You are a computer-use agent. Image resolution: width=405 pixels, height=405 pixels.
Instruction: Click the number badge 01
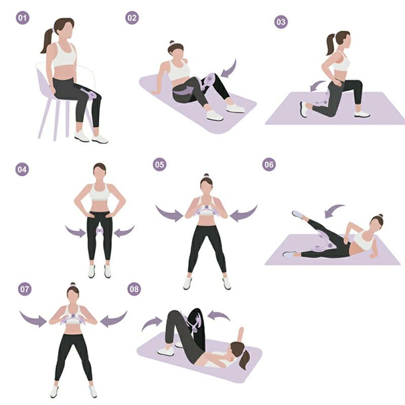pyautogui.click(x=22, y=18)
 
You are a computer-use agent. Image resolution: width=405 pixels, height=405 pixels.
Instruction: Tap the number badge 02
pyautogui.click(x=132, y=18)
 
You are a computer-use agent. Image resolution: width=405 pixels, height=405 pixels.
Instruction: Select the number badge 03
pyautogui.click(x=281, y=22)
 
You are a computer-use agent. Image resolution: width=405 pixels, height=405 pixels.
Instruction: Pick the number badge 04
pyautogui.click(x=22, y=170)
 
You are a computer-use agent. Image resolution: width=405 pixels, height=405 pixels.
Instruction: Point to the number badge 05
pyautogui.click(x=159, y=165)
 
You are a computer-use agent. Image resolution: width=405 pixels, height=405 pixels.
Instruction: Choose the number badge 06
pyautogui.click(x=269, y=165)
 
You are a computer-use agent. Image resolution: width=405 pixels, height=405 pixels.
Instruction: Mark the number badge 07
pyautogui.click(x=25, y=289)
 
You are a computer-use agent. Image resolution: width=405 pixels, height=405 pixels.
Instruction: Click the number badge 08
pyautogui.click(x=134, y=289)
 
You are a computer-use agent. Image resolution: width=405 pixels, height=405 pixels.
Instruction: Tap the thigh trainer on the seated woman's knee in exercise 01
pyautogui.click(x=89, y=93)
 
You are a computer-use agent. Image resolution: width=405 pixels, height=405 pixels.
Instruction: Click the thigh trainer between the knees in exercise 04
pyautogui.click(x=99, y=231)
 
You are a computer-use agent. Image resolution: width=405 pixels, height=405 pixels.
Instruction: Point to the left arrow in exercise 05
pyautogui.click(x=169, y=214)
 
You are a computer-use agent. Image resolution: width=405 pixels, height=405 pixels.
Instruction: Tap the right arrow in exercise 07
pyautogui.click(x=113, y=319)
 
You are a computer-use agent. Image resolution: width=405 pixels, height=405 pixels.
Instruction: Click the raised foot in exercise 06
pyautogui.click(x=298, y=214)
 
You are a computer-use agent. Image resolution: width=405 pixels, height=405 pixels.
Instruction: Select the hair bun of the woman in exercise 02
pyautogui.click(x=172, y=43)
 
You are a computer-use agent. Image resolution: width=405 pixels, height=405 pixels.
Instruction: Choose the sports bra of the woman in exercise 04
pyautogui.click(x=100, y=192)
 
